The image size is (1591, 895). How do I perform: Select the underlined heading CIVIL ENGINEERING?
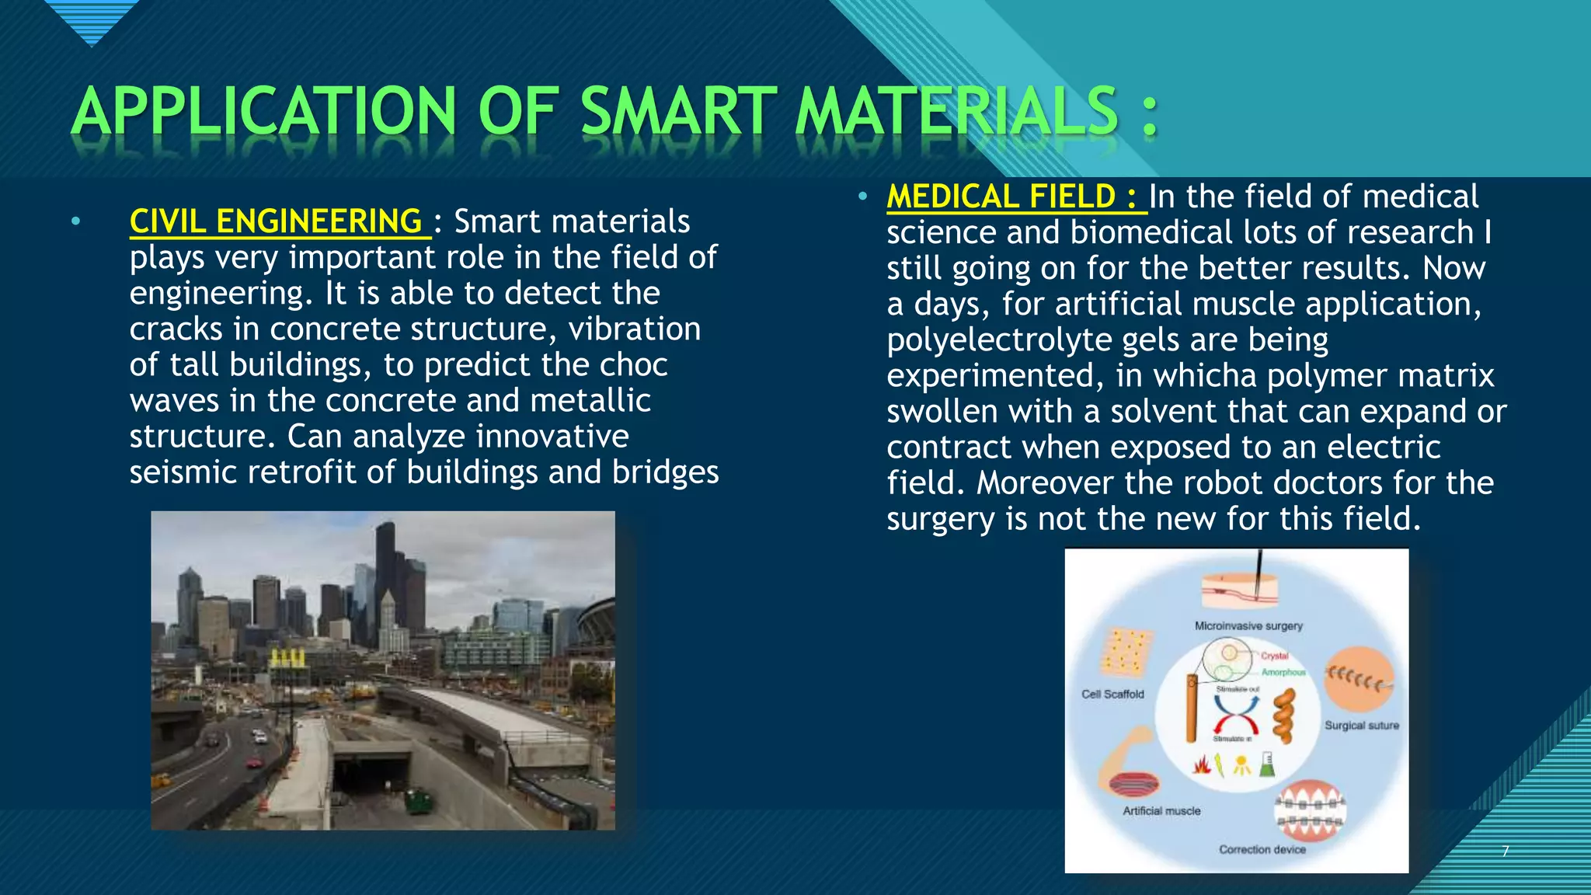276,221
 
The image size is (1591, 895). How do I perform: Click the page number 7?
1506,851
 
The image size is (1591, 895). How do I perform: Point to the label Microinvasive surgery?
1248,625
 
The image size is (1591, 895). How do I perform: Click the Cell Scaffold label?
1112,694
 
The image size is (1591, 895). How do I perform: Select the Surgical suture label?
1361,725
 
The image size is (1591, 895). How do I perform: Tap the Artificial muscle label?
1161,810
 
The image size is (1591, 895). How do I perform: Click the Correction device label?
1262,849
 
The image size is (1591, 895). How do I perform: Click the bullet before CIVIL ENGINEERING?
75,222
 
